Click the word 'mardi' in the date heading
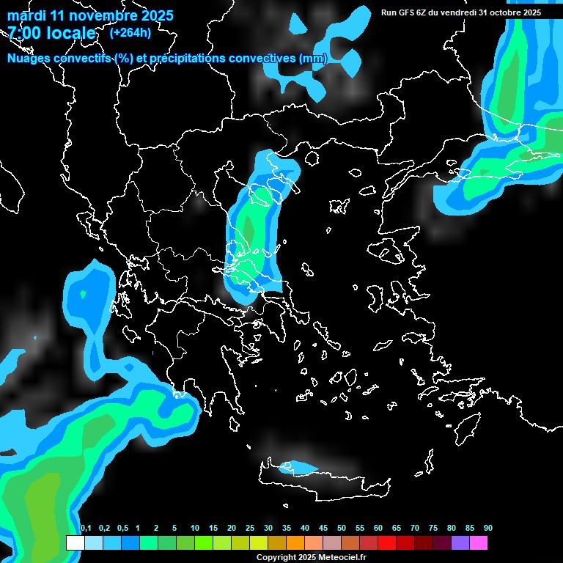[x=26, y=15]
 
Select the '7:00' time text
[x=24, y=33]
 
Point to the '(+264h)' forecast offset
[x=130, y=32]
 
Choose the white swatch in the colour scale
[x=76, y=543]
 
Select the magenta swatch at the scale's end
[x=478, y=543]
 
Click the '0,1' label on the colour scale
[x=85, y=529]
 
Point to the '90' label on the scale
[x=487, y=529]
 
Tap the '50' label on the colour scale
[x=342, y=529]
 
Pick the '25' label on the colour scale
[x=250, y=529]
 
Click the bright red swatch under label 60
[x=386, y=543]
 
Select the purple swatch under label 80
[x=460, y=543]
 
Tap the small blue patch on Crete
[x=300, y=466]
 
